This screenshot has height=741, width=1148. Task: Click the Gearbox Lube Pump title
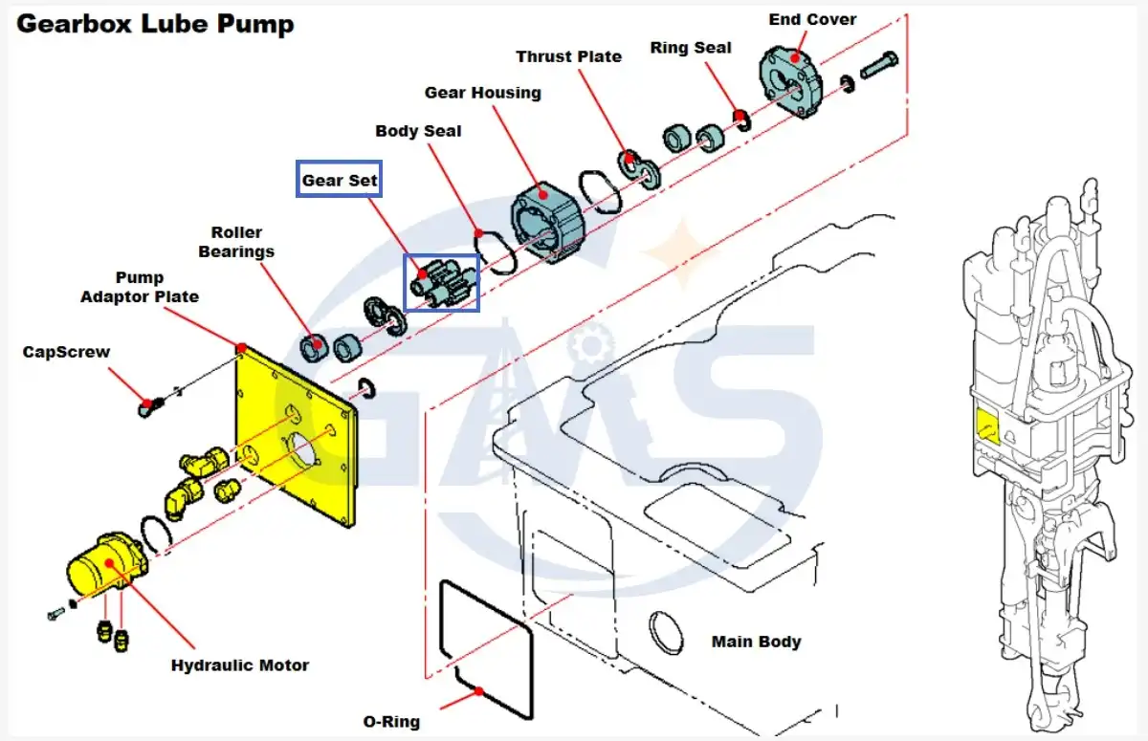[x=155, y=25]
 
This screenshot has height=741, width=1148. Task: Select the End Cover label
[x=812, y=19]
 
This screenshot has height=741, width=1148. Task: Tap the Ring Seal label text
[x=691, y=48]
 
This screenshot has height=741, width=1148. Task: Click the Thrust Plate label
[x=568, y=56]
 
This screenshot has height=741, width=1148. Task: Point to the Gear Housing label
[x=482, y=93]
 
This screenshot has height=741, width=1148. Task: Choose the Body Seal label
[x=418, y=131]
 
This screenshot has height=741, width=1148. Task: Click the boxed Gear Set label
[x=340, y=179]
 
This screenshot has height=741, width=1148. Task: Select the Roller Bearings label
[x=236, y=242]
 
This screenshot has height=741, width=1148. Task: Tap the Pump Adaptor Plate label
[x=140, y=287]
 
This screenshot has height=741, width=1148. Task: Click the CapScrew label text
[x=66, y=352]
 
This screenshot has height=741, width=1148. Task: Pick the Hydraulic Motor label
[x=240, y=665]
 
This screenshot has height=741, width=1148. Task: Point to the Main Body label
[x=756, y=642]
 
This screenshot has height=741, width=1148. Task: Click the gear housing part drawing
[x=547, y=221]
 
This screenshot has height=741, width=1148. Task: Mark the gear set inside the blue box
[x=441, y=283]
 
